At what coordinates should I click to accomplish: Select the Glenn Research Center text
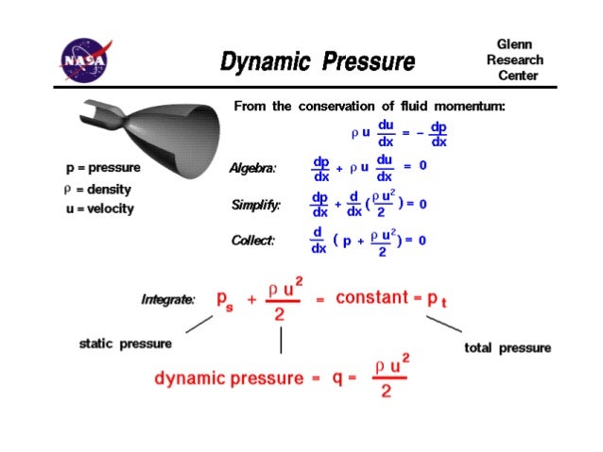point(514,59)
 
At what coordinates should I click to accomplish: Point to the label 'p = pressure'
point(103,168)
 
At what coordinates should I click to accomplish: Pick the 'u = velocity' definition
point(99,209)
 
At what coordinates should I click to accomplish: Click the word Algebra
point(253,168)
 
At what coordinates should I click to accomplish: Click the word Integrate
point(168,299)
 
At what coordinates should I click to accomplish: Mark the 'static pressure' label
point(126,343)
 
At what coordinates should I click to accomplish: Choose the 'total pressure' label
point(508,348)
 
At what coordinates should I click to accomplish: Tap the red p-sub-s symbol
point(225,300)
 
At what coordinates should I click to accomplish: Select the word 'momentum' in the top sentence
point(470,107)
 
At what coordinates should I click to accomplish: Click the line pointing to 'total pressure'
point(443,323)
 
